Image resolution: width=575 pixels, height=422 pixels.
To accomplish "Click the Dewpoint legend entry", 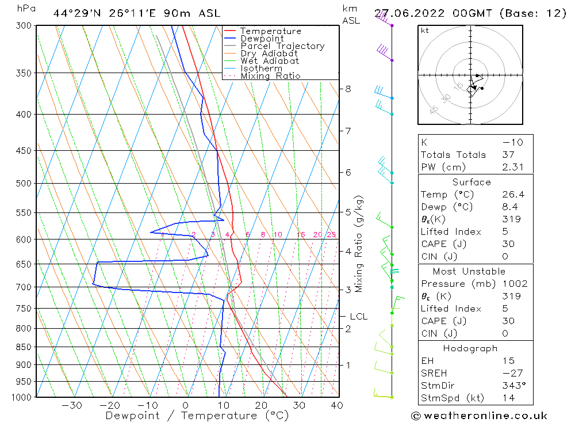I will [x=262, y=39].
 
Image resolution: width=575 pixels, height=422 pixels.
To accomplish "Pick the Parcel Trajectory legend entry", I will [x=282, y=46].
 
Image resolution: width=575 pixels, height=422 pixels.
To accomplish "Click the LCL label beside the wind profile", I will [x=358, y=317].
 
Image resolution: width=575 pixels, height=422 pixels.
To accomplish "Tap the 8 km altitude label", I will [x=348, y=89].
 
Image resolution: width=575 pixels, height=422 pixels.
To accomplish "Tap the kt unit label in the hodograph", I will [x=424, y=31].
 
